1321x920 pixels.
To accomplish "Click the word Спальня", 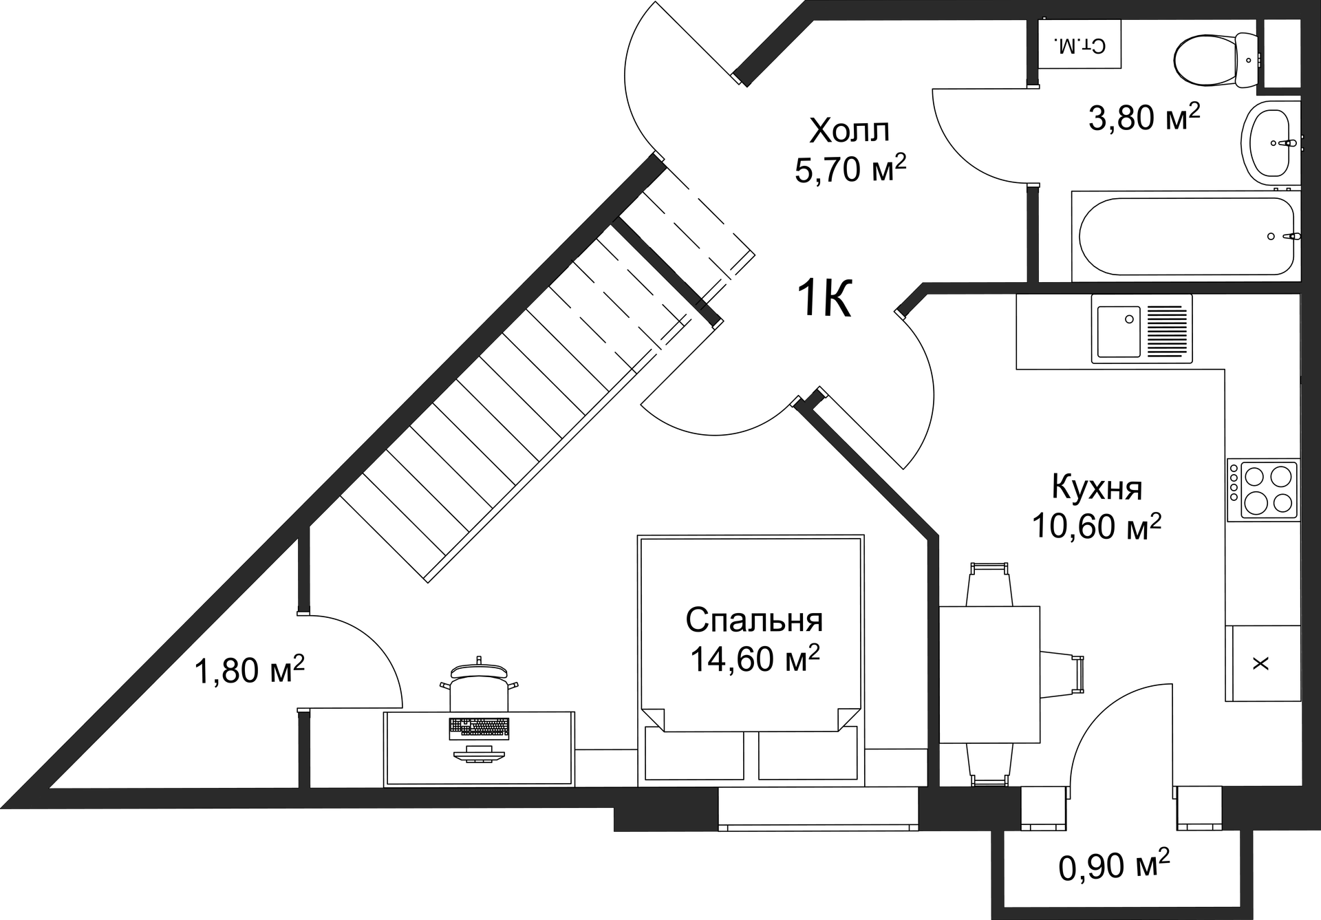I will pyautogui.click(x=754, y=620).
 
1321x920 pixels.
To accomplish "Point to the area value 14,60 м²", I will pyautogui.click(x=754, y=659).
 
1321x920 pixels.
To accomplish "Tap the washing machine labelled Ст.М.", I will pyautogui.click(x=1079, y=44).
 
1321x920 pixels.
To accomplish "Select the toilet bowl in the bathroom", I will pyautogui.click(x=1216, y=60).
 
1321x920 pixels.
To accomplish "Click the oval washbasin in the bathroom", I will pyautogui.click(x=1270, y=143).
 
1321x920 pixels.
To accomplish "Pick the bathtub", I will pyautogui.click(x=1186, y=237).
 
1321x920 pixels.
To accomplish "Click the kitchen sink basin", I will pyautogui.click(x=1118, y=332).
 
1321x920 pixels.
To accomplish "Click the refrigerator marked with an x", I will pyautogui.click(x=1261, y=663).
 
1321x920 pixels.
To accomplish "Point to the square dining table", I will pyautogui.click(x=989, y=674).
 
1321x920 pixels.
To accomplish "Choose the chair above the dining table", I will pyautogui.click(x=989, y=585).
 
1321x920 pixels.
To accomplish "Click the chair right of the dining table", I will pyautogui.click(x=1060, y=674).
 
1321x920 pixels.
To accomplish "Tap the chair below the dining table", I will pyautogui.click(x=989, y=764).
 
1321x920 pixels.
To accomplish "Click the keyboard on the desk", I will pyautogui.click(x=479, y=728).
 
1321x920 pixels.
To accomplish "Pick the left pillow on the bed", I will pyautogui.click(x=694, y=755).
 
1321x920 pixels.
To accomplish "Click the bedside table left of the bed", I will pyautogui.click(x=606, y=768).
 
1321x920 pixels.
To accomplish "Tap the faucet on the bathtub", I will pyautogui.click(x=1291, y=237).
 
